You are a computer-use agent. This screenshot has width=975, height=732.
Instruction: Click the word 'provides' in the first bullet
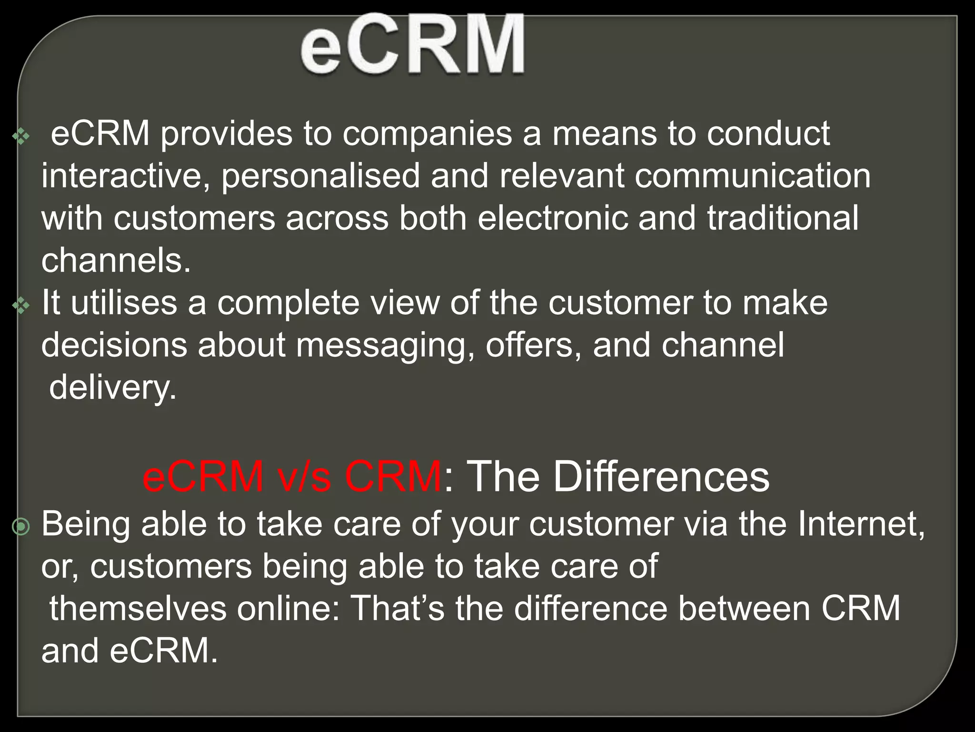point(226,134)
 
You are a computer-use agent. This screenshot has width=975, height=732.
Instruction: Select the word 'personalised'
point(320,176)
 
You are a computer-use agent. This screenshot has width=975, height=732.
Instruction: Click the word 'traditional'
point(783,218)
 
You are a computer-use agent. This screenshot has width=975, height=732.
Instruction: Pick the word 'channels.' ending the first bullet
point(116,260)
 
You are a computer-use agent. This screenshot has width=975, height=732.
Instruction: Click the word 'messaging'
point(385,345)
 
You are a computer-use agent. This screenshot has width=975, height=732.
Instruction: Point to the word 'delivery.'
point(113,387)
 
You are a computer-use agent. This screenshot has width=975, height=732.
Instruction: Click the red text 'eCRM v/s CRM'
point(292,477)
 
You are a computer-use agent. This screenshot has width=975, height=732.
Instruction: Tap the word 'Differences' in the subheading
point(660,477)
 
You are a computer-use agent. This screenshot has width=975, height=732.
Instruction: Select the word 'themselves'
point(138,609)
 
